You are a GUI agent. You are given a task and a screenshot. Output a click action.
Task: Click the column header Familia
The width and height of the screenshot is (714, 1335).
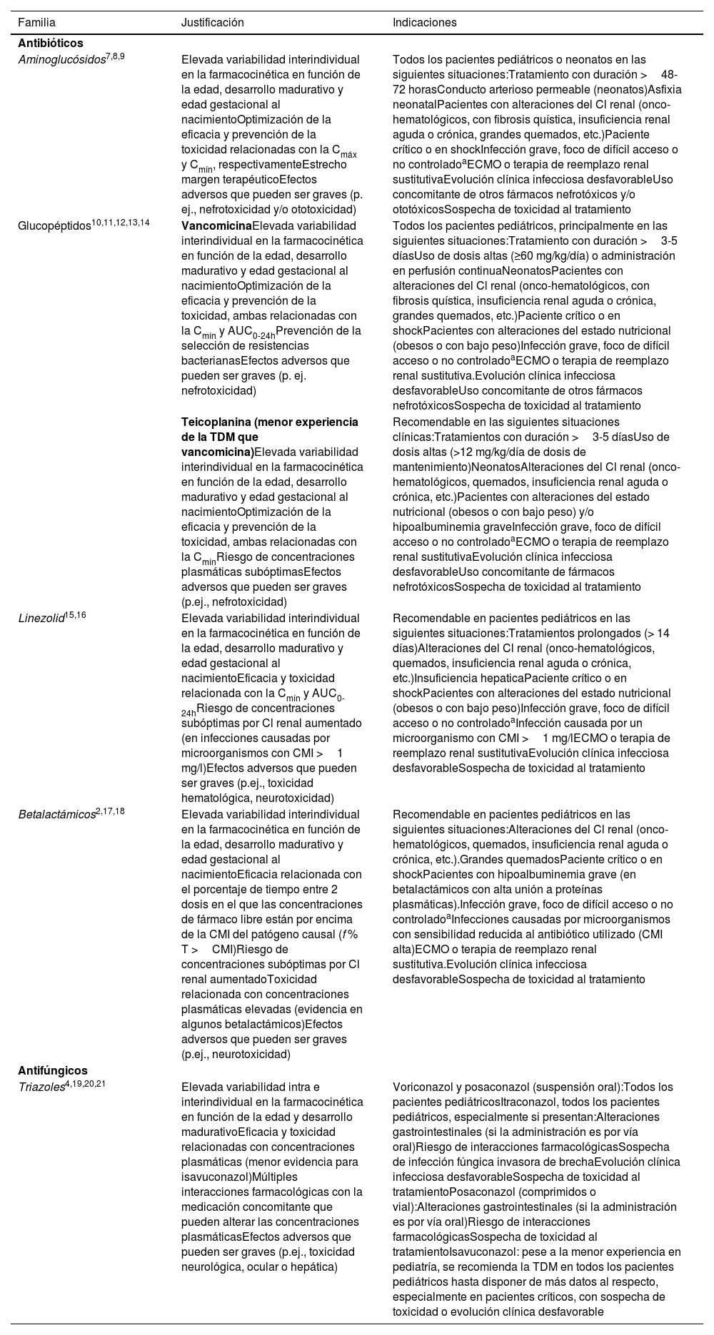tap(36, 23)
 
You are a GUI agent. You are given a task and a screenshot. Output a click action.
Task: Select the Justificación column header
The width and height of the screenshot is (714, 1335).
tap(212, 23)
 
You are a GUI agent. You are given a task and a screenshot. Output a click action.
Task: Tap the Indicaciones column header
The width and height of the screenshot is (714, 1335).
tap(424, 23)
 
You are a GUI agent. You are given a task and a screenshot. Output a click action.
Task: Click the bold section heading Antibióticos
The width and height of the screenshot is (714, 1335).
tap(51, 44)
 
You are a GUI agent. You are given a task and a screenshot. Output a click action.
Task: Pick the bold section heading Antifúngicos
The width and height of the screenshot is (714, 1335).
tap(53, 1070)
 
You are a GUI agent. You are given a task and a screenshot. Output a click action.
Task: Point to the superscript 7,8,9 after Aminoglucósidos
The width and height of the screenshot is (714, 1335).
tap(116, 56)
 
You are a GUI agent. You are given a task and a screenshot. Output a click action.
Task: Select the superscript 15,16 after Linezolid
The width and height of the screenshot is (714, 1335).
tap(76, 614)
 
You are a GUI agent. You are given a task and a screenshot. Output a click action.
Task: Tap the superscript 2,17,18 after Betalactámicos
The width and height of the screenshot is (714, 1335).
tap(111, 811)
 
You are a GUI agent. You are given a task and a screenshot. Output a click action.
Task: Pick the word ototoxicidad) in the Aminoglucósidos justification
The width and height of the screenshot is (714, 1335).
tap(322, 210)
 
